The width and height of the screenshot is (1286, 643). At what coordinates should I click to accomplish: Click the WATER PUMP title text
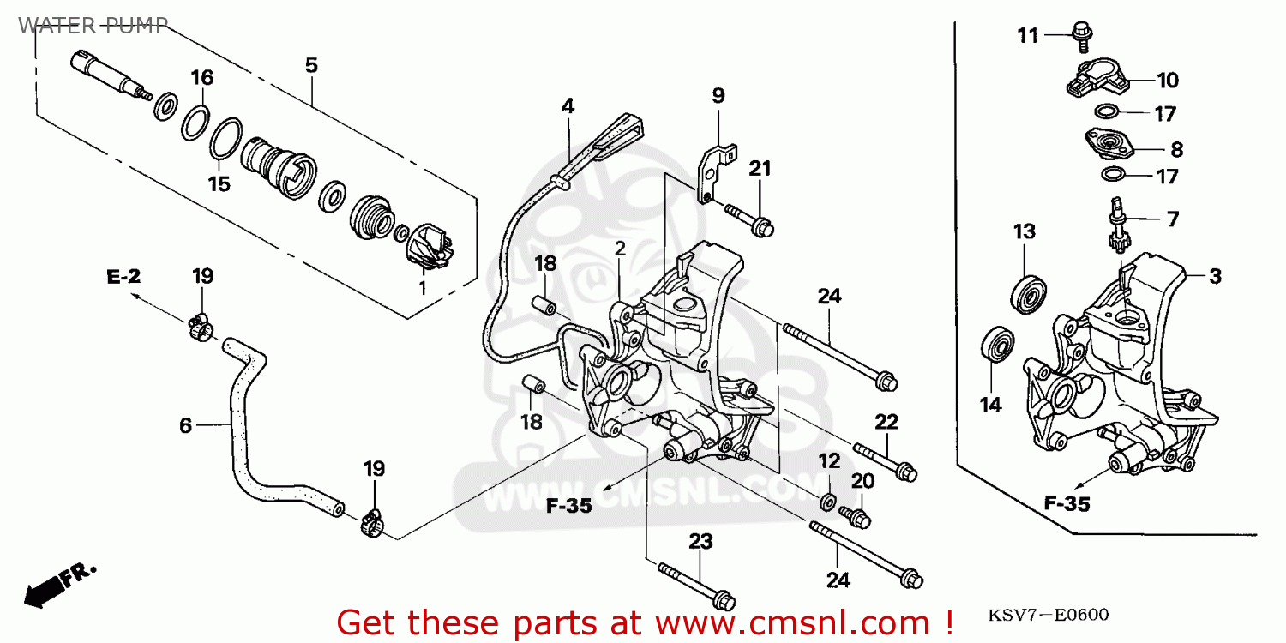point(93,25)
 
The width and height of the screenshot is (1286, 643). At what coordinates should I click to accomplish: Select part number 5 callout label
point(311,64)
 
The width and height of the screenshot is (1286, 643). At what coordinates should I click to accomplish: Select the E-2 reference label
point(123,276)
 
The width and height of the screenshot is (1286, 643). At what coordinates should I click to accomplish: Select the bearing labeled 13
point(1025,292)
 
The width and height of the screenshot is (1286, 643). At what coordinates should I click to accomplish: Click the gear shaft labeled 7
point(1117,231)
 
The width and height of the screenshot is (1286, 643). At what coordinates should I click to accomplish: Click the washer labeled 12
point(829,500)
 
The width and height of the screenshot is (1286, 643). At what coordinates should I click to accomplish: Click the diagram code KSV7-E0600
point(1048,616)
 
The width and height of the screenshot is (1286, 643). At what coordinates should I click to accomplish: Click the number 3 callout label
point(1215,277)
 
